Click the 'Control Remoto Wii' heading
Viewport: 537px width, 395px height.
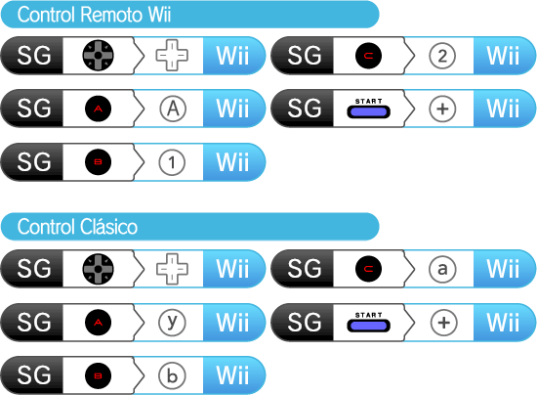point(94,15)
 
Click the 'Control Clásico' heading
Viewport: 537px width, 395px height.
point(77,227)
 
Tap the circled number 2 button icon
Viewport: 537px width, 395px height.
point(442,56)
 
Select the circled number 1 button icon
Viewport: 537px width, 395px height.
point(172,162)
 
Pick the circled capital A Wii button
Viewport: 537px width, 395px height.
point(173,110)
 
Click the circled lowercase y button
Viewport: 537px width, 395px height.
point(172,323)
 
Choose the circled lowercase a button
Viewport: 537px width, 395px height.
point(442,269)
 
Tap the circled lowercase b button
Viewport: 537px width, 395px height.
point(172,375)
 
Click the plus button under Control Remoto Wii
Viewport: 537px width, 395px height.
point(442,110)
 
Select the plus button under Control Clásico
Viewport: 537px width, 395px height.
point(443,323)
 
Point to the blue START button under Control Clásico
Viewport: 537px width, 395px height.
point(368,325)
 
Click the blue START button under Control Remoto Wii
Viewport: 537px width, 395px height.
point(368,111)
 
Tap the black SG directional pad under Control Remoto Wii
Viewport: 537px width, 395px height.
point(98,55)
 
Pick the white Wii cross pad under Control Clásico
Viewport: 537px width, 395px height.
point(172,269)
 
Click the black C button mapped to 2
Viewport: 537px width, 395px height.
point(368,56)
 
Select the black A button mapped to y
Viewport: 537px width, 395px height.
point(98,323)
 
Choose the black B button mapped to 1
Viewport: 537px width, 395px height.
point(98,162)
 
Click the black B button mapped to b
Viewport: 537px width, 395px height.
point(98,375)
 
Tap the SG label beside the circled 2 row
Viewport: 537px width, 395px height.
point(304,56)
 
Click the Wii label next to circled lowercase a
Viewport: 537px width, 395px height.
point(503,269)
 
